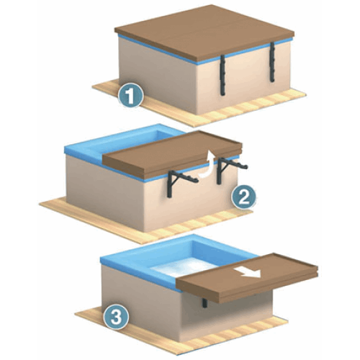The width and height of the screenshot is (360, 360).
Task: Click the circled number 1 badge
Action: coord(130,95)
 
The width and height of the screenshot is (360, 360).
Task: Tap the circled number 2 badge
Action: coord(243,197)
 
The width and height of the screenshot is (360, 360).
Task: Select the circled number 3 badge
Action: coord(116,317)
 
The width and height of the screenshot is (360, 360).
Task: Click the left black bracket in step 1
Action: coord(222,75)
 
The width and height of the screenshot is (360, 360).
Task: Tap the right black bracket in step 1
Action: coord(272,62)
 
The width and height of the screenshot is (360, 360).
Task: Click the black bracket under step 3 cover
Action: coord(204,303)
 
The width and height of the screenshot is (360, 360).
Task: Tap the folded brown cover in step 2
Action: coord(172,153)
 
